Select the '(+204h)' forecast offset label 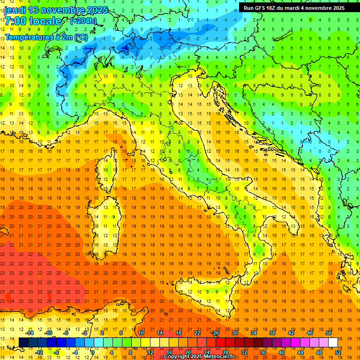tap(83, 21)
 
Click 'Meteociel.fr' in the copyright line tap(223, 357)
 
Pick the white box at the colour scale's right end tap(333, 342)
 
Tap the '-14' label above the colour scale tap(31, 333)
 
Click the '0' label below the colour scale tap(93, 352)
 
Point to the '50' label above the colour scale tap(328, 333)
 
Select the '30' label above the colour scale tap(235, 333)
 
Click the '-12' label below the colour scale tap(39, 352)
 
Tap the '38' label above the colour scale tap(272, 333)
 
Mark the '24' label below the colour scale tap(206, 352)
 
